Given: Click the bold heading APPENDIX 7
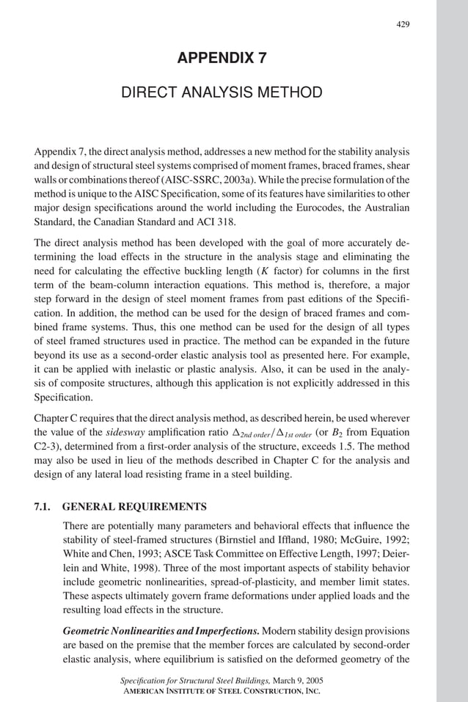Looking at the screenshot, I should point(221,59).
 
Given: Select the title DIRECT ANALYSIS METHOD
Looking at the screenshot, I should point(221,92).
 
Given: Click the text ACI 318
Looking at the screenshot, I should point(222,222).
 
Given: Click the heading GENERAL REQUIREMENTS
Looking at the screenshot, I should point(135,507).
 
